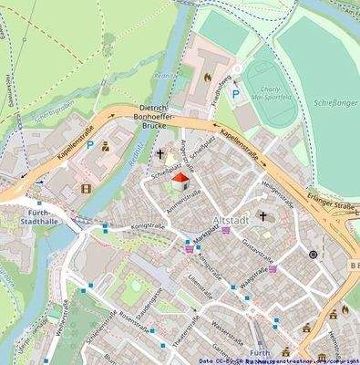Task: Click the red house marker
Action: point(180,180)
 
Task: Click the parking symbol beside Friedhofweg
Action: point(234,94)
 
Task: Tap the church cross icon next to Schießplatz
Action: point(162,154)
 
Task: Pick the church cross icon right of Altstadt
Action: point(262,216)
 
